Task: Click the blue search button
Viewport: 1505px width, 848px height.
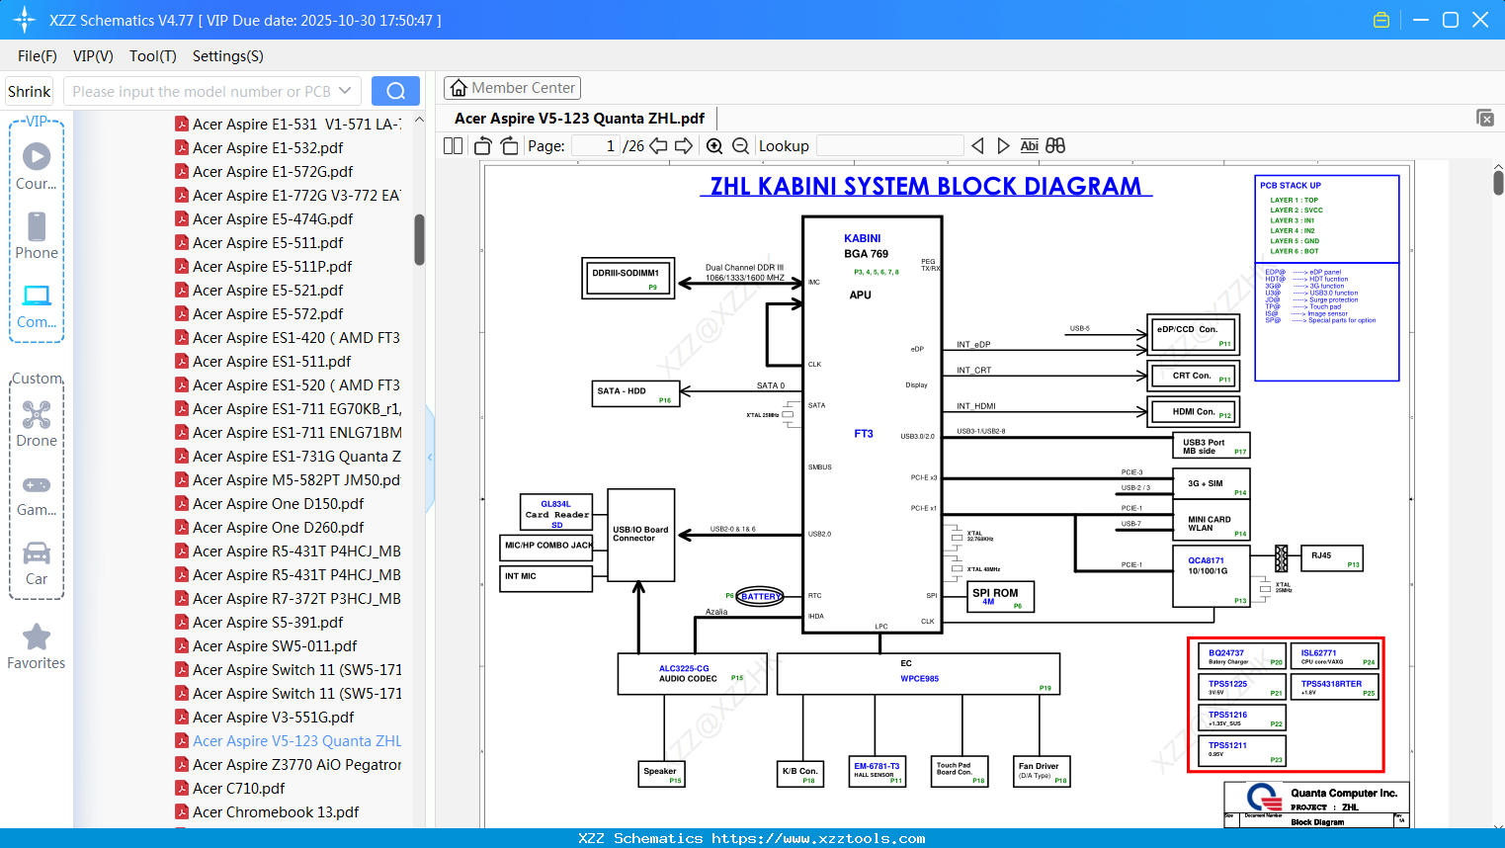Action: [395, 91]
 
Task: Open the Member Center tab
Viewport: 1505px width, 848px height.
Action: [512, 88]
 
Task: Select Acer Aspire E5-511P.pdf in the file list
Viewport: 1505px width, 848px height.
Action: [272, 267]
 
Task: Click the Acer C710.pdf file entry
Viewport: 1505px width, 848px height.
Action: [238, 789]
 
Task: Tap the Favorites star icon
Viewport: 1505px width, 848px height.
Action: [37, 637]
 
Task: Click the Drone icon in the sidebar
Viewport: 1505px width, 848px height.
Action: [37, 416]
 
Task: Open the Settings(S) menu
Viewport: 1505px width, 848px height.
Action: [227, 56]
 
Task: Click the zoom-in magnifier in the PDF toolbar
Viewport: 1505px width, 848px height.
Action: [714, 146]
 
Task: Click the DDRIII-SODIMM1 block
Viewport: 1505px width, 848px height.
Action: [627, 278]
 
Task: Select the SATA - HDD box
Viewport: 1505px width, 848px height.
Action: [636, 393]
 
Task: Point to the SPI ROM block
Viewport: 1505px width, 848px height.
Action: [1000, 597]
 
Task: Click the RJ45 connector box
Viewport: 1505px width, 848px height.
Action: [1331, 558]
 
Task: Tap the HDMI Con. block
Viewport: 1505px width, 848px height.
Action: [1193, 412]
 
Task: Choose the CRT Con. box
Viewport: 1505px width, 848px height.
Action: [1193, 377]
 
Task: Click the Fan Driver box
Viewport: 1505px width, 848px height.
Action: [1043, 771]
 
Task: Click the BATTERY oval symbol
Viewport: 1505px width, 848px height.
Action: [759, 597]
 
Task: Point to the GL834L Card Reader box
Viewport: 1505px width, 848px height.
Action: [556, 513]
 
